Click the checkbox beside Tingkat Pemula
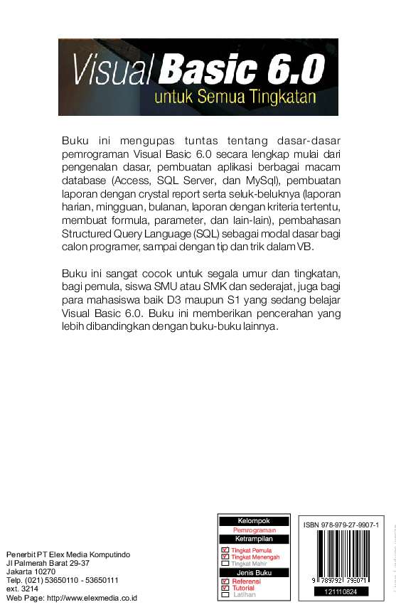225,551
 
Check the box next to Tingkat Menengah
225,557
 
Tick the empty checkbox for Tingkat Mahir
225,564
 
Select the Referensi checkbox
225,581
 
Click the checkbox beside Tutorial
225,588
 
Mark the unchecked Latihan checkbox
225,594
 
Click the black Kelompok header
253,521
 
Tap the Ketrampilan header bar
253,538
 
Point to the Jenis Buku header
253,572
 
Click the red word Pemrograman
253,530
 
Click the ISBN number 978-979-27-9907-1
341,525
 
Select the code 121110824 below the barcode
341,591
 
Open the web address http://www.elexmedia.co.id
95,598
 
